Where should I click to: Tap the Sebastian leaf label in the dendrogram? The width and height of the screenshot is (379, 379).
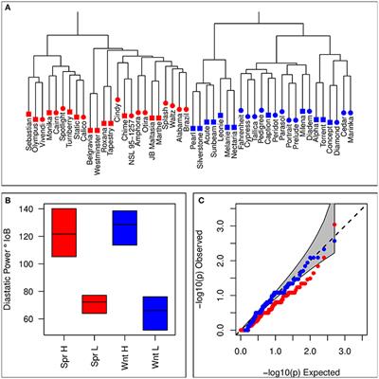[29, 136]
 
